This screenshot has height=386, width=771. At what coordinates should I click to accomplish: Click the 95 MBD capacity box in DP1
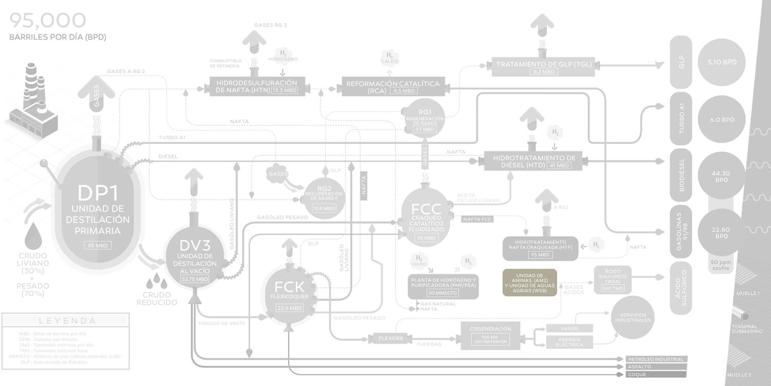[97, 245]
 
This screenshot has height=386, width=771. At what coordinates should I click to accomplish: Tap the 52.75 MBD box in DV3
[195, 279]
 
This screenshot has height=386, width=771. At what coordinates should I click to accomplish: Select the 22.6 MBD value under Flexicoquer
[289, 308]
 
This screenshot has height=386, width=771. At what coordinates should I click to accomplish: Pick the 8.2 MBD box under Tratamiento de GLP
[543, 72]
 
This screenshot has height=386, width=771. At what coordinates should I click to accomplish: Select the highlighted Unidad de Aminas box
[529, 282]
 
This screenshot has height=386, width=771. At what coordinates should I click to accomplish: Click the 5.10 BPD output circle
[722, 62]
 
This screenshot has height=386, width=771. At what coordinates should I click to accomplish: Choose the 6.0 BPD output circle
[722, 120]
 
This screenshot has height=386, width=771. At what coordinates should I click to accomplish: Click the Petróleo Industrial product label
[655, 359]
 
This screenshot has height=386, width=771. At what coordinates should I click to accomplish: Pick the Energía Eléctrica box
[569, 342]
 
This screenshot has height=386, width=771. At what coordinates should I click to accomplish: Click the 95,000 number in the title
[47, 20]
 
